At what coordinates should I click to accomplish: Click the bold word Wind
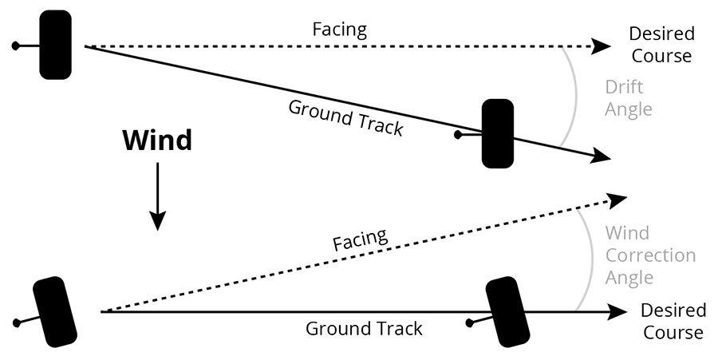tap(157, 140)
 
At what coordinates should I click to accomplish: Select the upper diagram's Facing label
tap(340, 30)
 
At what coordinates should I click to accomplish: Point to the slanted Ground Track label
tap(345, 118)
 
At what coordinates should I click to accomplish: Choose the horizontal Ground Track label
tap(365, 327)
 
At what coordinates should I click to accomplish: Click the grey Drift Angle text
tap(629, 98)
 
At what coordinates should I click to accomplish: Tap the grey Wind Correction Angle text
tap(650, 255)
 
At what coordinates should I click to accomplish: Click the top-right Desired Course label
tap(661, 45)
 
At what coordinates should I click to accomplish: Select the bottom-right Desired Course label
tap(673, 320)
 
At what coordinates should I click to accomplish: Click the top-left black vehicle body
tap(56, 45)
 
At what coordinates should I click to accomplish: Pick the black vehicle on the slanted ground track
tap(498, 133)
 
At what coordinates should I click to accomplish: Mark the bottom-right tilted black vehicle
tap(508, 311)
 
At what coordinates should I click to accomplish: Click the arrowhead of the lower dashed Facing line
tap(617, 197)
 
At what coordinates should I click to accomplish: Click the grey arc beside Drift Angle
tap(575, 96)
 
